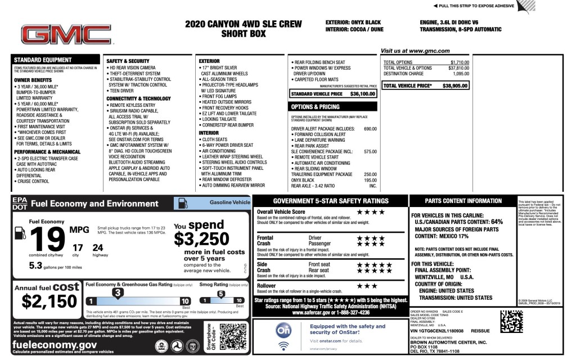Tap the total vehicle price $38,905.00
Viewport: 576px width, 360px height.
(456, 86)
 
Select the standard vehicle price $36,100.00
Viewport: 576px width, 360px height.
(362, 94)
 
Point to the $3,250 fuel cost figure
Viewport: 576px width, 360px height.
(201, 239)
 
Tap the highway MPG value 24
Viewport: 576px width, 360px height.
(97, 247)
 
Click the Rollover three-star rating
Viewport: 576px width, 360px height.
(367, 286)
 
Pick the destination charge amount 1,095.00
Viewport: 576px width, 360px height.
(458, 74)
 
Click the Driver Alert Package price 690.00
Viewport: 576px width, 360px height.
(370, 129)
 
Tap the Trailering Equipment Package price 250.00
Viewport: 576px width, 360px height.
(370, 174)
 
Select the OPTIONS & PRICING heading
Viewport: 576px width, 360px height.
(314, 106)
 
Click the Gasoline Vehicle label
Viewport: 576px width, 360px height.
(229, 201)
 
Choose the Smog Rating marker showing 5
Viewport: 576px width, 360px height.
(220, 294)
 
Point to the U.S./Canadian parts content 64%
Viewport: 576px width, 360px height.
(497, 222)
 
